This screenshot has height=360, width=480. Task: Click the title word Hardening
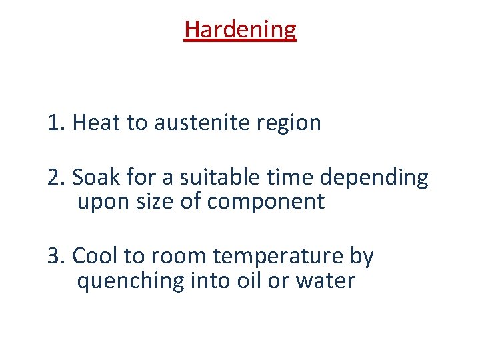pyautogui.click(x=240, y=30)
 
